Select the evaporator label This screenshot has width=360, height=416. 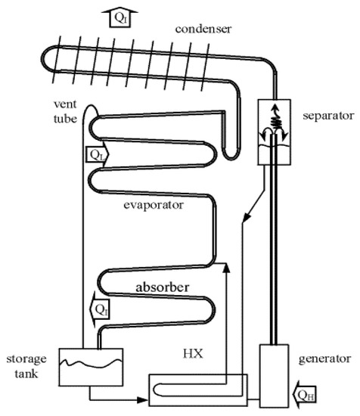[x=155, y=204]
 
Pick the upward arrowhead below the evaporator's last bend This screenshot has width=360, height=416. [x=226, y=267]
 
